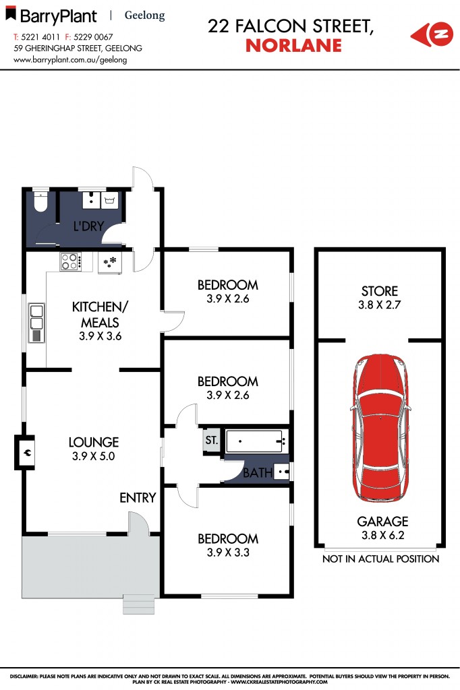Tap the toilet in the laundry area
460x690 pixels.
40,200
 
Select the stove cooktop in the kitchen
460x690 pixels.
69,261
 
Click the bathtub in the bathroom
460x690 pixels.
255,441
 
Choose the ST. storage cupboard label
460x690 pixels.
211,441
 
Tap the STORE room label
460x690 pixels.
380,291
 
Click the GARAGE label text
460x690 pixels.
383,521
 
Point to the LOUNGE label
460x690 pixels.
94,442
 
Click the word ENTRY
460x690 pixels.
138,498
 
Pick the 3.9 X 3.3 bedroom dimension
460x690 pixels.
227,553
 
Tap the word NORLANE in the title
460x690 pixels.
293,46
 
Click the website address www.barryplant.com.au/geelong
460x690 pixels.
70,59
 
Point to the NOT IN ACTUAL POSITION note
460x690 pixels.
380,559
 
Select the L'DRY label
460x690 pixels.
88,226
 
